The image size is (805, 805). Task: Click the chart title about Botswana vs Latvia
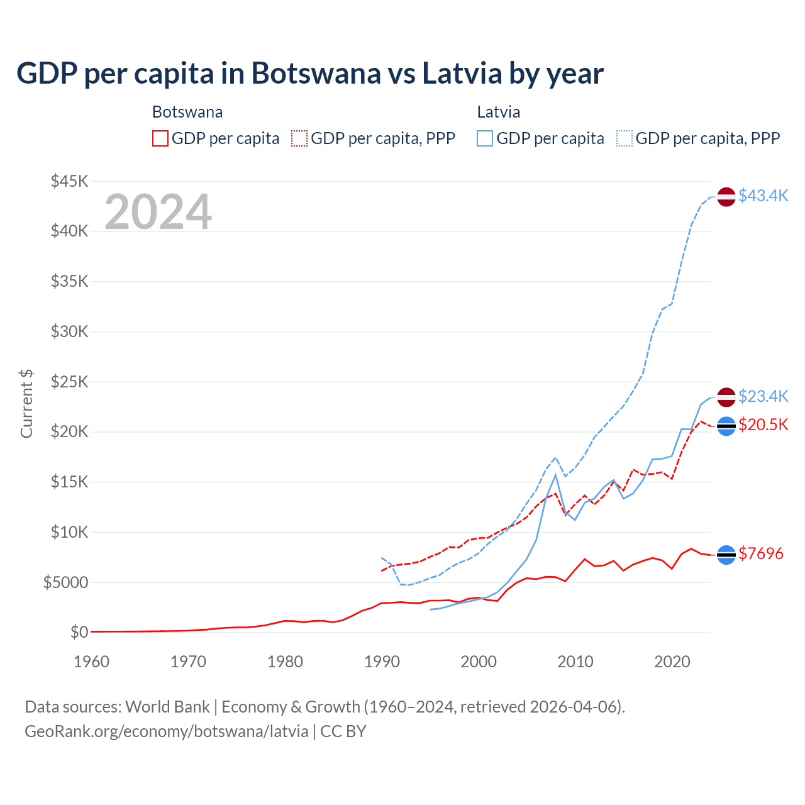tap(309, 74)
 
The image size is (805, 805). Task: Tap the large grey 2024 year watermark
tap(158, 212)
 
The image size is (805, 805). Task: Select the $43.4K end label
tap(763, 196)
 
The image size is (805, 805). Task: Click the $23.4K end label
tap(763, 396)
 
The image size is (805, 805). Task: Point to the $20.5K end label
tap(763, 425)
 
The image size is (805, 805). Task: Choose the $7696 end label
tap(760, 553)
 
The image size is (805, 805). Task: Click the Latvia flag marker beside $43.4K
tap(726, 197)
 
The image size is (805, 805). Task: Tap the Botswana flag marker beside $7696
tap(726, 555)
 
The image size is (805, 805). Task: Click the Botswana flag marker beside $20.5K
tap(726, 426)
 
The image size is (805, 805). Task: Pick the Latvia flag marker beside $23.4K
tap(726, 397)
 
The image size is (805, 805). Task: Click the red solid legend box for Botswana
tap(160, 138)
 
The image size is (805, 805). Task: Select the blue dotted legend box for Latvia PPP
tap(625, 138)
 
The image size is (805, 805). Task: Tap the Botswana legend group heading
tap(187, 113)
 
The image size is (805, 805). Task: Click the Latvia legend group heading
tap(498, 113)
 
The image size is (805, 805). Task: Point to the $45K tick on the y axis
tap(69, 182)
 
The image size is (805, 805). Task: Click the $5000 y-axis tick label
tap(65, 582)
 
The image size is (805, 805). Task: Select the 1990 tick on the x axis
tap(382, 662)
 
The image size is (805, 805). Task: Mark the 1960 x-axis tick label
tap(92, 662)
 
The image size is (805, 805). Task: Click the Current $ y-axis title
tap(26, 404)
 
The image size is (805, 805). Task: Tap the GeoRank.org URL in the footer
tap(167, 731)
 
